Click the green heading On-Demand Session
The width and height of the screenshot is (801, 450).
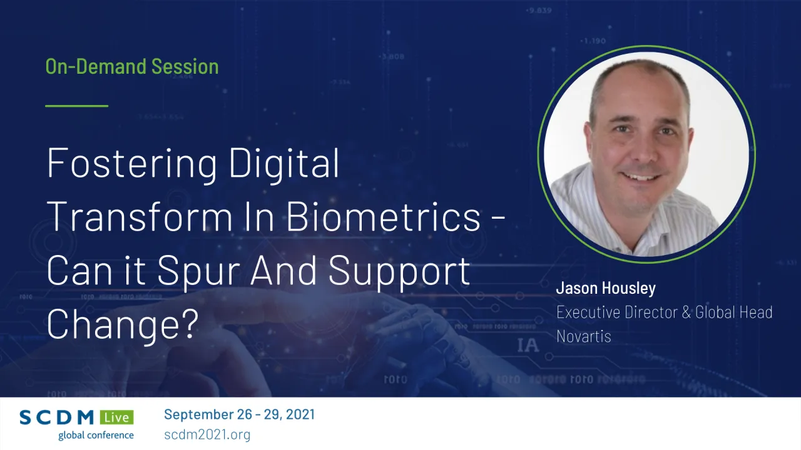click(x=132, y=66)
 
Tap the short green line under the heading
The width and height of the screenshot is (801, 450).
click(x=76, y=106)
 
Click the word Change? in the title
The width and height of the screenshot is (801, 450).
click(x=123, y=324)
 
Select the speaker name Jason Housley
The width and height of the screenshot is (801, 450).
click(x=606, y=288)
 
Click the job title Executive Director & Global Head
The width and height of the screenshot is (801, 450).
click(x=664, y=312)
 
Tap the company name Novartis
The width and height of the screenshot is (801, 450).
click(x=583, y=336)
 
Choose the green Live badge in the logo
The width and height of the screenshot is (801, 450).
click(x=118, y=417)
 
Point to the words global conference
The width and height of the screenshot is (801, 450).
click(x=96, y=435)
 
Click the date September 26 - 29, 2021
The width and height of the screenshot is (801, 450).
click(x=239, y=414)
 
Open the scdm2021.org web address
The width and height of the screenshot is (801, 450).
click(x=207, y=434)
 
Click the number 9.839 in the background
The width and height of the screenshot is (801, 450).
click(x=539, y=11)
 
